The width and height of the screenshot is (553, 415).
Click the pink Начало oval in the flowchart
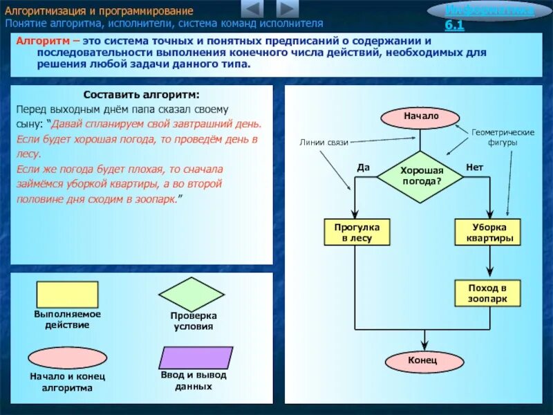[x=421, y=116]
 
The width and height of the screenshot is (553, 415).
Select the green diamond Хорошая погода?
[x=421, y=176]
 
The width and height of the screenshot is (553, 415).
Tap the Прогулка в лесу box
[x=357, y=232]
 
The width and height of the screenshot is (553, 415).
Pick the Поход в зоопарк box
[x=488, y=293]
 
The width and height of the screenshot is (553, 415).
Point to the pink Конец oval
[x=422, y=360]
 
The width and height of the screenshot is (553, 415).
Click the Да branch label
[x=364, y=167]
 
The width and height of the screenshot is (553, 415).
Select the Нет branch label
[x=474, y=167]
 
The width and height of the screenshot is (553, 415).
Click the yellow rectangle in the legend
[x=67, y=294]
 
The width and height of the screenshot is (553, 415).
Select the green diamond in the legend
[x=192, y=294]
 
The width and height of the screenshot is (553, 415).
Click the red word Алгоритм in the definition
[x=40, y=42]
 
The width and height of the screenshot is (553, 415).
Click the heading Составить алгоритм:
[x=141, y=95]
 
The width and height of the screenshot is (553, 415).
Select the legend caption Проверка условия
[x=194, y=321]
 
